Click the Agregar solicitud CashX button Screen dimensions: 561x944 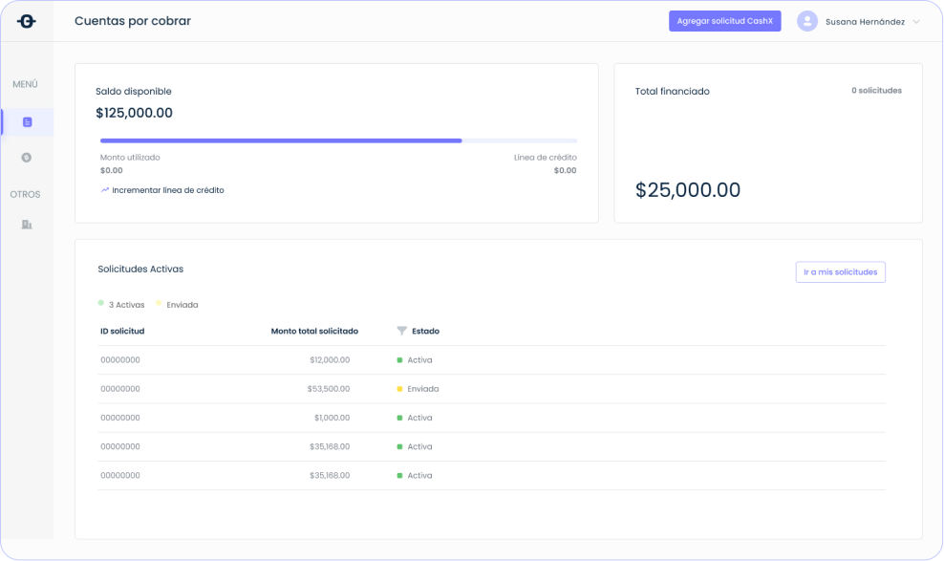tap(724, 21)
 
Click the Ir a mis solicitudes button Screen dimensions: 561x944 tap(840, 272)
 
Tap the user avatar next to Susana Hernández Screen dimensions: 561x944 tap(807, 21)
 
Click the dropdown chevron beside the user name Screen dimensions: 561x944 tap(916, 22)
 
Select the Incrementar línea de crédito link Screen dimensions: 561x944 tap(167, 190)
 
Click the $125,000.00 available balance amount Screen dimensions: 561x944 tap(134, 113)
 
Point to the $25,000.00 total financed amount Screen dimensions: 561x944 tap(687, 190)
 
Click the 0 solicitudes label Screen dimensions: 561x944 tap(876, 91)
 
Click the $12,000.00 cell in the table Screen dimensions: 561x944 tap(330, 360)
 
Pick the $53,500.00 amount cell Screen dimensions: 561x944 tap(329, 389)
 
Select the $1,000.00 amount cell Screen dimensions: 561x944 tap(332, 418)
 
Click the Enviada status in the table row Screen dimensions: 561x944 tap(422, 389)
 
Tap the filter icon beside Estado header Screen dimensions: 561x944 tap(401, 331)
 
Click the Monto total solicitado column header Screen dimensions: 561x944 tap(314, 331)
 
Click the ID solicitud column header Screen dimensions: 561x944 tap(122, 331)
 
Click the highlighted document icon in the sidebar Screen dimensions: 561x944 tap(27, 122)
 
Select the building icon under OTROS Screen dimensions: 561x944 tap(27, 225)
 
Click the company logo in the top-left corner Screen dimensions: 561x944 tap(27, 21)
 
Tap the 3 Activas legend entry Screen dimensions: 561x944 tap(125, 305)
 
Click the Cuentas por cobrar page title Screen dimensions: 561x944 tap(133, 21)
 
